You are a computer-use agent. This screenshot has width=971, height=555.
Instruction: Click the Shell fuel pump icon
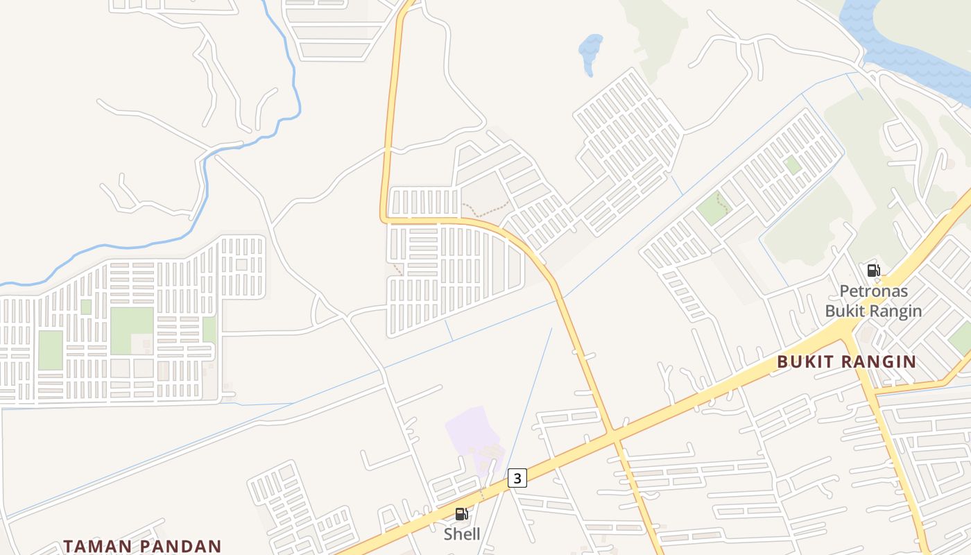(461, 514)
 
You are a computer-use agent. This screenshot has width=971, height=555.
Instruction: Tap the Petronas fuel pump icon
(873, 271)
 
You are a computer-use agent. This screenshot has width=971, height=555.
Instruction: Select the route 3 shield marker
(517, 477)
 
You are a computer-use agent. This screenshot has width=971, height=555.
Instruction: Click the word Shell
(462, 534)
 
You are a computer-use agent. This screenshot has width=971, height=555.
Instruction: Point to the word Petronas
(873, 291)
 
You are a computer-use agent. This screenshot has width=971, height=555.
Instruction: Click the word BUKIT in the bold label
(807, 361)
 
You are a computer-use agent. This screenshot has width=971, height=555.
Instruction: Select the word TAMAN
(97, 546)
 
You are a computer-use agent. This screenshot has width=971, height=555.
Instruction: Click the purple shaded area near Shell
(473, 434)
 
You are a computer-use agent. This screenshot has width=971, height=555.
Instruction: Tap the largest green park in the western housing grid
(132, 330)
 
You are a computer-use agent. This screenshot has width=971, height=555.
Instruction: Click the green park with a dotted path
(714, 207)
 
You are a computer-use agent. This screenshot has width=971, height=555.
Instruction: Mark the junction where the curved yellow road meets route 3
(614, 436)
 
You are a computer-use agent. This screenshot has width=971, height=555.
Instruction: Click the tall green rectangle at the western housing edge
(50, 350)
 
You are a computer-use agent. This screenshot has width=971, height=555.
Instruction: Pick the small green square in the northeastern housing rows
(792, 165)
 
